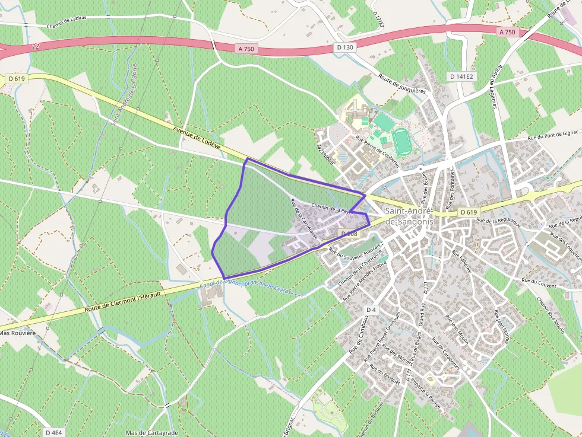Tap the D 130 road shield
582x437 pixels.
click(x=344, y=47)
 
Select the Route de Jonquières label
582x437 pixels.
click(x=403, y=84)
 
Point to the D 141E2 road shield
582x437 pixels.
click(x=461, y=76)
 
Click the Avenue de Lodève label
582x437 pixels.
click(x=197, y=138)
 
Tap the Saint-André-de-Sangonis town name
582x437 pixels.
click(x=409, y=216)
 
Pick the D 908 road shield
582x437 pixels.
click(x=350, y=234)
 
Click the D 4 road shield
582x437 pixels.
click(x=371, y=310)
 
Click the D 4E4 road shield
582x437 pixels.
click(x=53, y=432)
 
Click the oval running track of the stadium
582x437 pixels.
click(x=402, y=141)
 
